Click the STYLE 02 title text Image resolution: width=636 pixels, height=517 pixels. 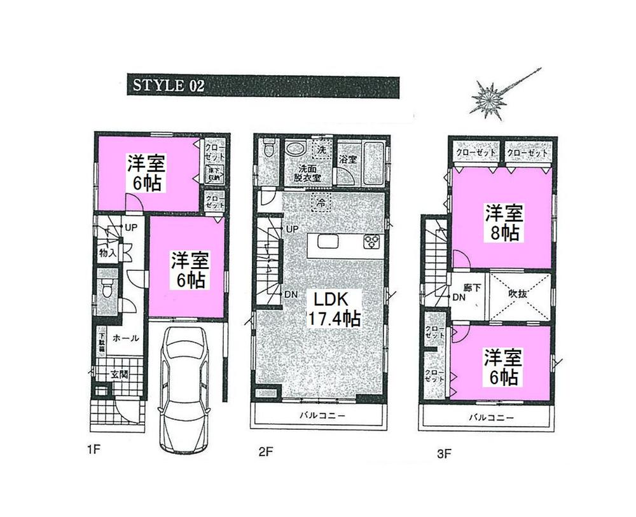point(167,86)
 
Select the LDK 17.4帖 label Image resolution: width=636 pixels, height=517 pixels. point(335,308)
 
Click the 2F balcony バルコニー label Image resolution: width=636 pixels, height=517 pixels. point(322,417)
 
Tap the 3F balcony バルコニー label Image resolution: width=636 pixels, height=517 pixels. point(491,417)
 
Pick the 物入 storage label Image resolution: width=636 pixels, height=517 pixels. point(107,252)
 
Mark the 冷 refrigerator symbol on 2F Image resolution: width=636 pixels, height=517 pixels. point(321,203)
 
